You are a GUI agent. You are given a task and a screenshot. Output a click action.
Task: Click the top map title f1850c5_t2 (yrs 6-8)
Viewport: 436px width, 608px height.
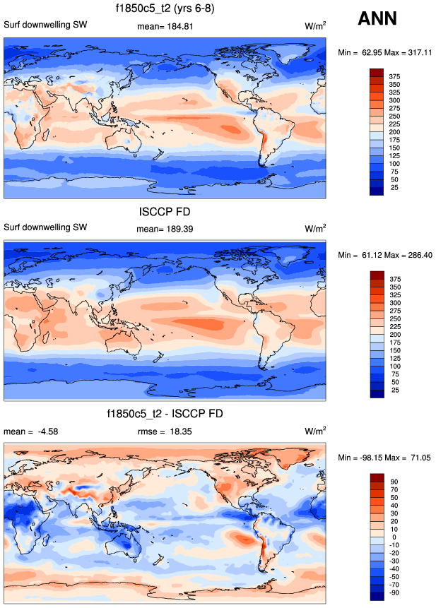[165, 9]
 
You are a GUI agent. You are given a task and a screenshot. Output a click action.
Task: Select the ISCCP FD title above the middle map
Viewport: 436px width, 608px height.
[165, 211]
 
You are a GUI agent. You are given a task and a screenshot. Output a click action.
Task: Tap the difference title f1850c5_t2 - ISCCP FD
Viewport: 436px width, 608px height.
[165, 413]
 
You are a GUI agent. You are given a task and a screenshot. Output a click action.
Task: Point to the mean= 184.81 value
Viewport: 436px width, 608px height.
[165, 26]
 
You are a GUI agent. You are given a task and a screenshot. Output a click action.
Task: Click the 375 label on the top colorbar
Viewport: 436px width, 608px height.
[394, 76]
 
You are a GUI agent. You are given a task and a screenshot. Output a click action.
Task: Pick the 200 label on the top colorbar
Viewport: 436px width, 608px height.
[394, 132]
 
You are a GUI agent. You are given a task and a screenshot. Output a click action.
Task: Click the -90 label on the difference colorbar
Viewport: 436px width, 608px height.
[394, 593]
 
